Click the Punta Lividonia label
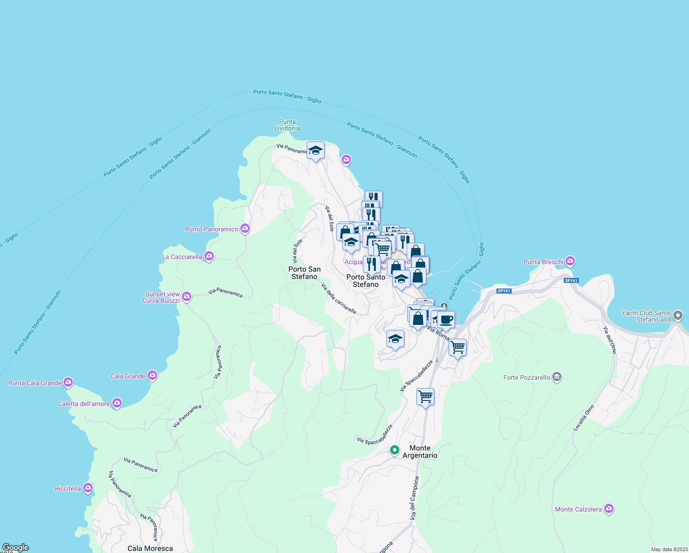[287, 125]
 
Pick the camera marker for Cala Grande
[152, 376]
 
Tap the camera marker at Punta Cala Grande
[68, 382]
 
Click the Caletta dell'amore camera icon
[117, 403]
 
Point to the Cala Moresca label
[150, 548]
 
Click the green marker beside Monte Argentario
[395, 450]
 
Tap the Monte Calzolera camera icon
[609, 509]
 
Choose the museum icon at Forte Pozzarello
[557, 377]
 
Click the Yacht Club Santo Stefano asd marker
[678, 316]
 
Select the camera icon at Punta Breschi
[571, 261]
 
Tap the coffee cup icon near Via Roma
[445, 319]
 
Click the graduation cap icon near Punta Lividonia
[315, 150]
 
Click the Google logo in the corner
[15, 547]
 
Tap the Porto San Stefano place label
[304, 273]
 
